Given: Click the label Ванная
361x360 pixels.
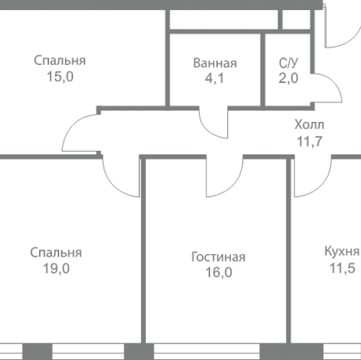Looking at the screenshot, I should point(214,63).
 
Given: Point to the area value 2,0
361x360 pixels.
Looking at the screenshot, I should point(287,78).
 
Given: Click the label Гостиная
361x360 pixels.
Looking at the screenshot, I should point(219,258).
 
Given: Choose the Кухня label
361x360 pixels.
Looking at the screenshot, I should point(342,252).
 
